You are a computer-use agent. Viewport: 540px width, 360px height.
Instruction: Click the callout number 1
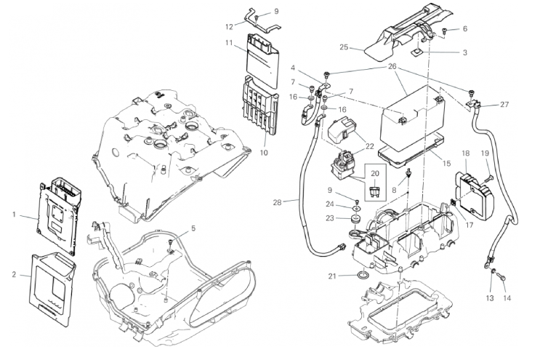coord(14,215)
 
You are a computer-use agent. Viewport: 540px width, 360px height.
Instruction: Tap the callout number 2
coord(14,274)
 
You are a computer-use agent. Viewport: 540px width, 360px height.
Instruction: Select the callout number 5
coord(193,228)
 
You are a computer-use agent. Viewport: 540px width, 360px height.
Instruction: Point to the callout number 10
coord(264,153)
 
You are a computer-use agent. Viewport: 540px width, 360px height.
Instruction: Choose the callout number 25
coord(344,48)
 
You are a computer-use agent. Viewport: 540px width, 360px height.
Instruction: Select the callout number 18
coord(465,153)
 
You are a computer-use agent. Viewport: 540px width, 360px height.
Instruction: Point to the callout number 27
coord(504,105)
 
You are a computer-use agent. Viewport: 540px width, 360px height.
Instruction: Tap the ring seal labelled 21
coord(361,276)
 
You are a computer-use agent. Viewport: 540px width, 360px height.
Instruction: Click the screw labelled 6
coord(444,31)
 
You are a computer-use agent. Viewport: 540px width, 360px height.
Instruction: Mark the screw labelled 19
coord(488,177)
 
